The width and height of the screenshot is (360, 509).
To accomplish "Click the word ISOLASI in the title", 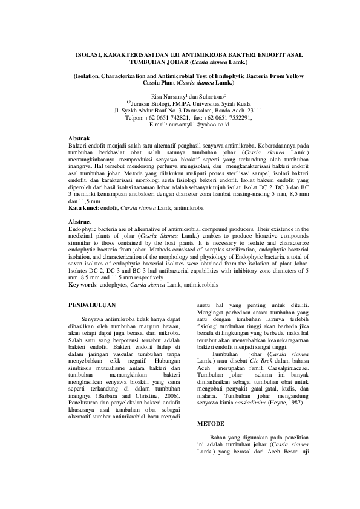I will click(x=88, y=54).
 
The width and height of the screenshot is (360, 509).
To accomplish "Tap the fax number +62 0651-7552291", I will click(x=220, y=118).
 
